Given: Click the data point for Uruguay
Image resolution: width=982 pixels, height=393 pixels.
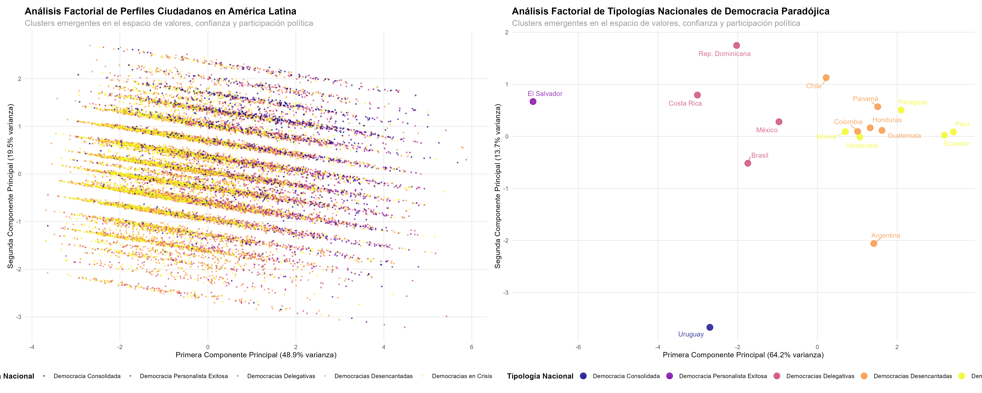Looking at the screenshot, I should pos(709,327).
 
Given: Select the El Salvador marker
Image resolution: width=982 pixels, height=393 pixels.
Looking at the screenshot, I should pos(533,102).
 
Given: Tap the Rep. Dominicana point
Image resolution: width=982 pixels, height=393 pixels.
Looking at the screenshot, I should pos(736,45).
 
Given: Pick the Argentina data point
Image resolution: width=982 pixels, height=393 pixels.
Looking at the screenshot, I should pos(874,243).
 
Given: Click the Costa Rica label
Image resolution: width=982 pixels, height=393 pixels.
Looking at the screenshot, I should pos(685,103).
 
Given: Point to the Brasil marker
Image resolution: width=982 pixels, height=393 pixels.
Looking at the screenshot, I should pos(748,163).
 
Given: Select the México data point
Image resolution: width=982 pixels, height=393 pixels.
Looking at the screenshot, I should pos(779,122).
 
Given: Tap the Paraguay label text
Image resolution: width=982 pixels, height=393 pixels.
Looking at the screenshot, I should pos(913,102).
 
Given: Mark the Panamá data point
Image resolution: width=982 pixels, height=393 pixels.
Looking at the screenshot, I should pos(878,107).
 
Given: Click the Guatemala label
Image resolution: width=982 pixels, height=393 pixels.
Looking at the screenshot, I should pos(904,136).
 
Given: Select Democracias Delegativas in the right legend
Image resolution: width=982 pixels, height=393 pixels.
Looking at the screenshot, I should pos(820,376).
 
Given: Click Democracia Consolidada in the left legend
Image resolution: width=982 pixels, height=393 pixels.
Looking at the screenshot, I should pos(87,376).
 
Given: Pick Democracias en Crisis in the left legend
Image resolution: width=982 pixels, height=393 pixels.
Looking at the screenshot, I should pos(462,376).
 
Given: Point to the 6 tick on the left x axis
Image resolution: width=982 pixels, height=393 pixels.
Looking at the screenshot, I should pos(472,347).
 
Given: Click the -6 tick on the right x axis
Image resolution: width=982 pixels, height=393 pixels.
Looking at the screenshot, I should pos(578,347).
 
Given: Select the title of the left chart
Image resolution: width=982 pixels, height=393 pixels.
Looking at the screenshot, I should pos(161,11).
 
